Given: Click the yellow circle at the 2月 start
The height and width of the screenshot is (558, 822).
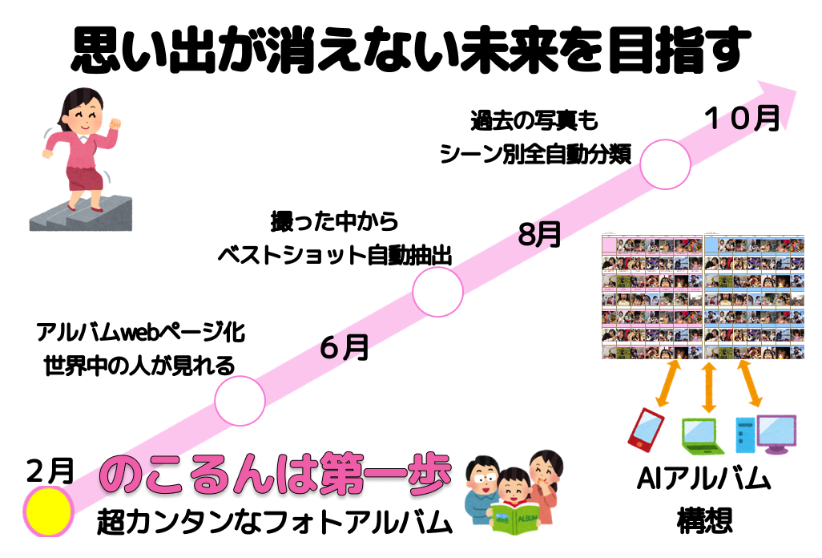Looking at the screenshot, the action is point(48,511).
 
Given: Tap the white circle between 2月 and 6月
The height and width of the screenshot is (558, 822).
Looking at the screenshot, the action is point(240,400).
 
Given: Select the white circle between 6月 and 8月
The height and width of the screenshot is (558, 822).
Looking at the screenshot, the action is point(437,292).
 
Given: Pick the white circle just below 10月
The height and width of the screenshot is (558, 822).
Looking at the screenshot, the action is point(665,164).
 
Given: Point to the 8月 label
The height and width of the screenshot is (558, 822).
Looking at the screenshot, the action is point(539,234).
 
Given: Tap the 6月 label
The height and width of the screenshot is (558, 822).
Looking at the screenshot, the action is point(345,346).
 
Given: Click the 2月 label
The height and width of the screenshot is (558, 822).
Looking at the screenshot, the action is point(50,471).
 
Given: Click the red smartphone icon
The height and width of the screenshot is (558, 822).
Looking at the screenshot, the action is point(646,430).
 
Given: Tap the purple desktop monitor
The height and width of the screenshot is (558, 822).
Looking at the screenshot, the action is point(776,433).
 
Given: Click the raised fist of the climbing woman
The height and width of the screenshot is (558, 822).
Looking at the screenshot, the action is point(114,124).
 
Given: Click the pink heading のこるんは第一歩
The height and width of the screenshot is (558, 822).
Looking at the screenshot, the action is point(276,474).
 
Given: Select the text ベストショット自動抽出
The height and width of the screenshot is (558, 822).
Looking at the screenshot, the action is point(334,256).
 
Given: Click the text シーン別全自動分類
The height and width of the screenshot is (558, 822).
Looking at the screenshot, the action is point(535,154).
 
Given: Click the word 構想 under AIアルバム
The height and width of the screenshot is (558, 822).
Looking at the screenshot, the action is point(704,521).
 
